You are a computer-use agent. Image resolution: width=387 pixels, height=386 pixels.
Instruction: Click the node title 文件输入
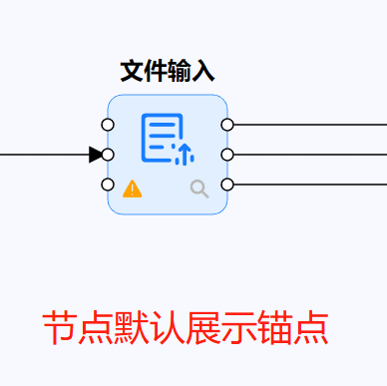tap(168, 71)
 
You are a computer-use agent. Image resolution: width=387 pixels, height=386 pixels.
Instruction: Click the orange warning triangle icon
tap(131, 188)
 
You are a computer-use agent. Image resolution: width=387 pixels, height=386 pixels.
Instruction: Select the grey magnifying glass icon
tap(199, 188)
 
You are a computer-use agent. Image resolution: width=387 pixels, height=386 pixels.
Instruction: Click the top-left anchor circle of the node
tap(108, 125)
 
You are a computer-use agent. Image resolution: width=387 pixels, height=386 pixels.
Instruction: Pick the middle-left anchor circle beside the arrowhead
tap(108, 155)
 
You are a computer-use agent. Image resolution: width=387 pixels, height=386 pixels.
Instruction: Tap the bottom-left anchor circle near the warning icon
tap(108, 185)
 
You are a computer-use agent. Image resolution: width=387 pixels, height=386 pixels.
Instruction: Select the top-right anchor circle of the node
tap(227, 125)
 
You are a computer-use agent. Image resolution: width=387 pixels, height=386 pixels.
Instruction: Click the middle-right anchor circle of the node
tap(227, 155)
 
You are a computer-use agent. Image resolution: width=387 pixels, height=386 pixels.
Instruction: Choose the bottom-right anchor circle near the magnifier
tap(227, 185)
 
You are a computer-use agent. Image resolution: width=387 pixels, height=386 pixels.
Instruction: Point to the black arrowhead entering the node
tap(95, 155)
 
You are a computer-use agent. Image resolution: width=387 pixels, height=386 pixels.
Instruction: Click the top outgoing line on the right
tap(309, 125)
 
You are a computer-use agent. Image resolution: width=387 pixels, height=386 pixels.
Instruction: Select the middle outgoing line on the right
tap(309, 155)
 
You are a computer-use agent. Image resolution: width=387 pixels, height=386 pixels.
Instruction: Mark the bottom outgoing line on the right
tap(309, 185)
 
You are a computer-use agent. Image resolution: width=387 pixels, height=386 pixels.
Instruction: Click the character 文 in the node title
tap(132, 71)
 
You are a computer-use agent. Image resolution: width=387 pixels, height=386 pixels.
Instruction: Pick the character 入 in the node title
tap(203, 71)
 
